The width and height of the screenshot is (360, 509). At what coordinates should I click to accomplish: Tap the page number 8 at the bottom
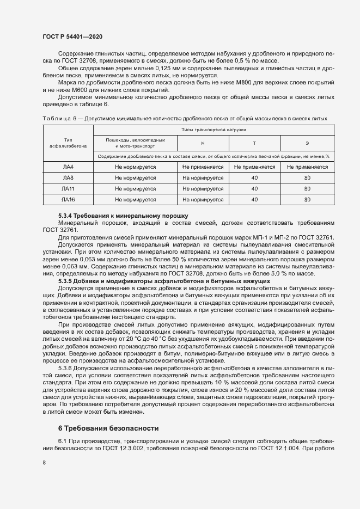pos(44,463)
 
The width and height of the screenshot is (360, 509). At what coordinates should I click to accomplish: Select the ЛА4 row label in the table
pos(68,167)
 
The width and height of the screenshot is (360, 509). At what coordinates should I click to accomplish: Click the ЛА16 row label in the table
pos(68,200)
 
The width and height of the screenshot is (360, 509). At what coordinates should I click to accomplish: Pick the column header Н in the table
pos(203,143)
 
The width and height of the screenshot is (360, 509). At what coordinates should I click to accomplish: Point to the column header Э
pos(307,143)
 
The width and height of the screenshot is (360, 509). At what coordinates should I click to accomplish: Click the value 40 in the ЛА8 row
pos(254,178)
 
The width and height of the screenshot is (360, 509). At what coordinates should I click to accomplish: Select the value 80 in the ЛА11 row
pos(307,189)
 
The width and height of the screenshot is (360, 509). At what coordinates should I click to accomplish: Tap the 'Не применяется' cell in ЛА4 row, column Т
pos(254,167)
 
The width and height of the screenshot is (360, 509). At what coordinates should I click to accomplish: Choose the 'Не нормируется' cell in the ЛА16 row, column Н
pos(203,200)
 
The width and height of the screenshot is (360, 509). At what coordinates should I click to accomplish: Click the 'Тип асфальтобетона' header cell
pos(68,143)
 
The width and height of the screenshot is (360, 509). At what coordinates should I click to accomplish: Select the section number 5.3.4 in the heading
pos(65,216)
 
